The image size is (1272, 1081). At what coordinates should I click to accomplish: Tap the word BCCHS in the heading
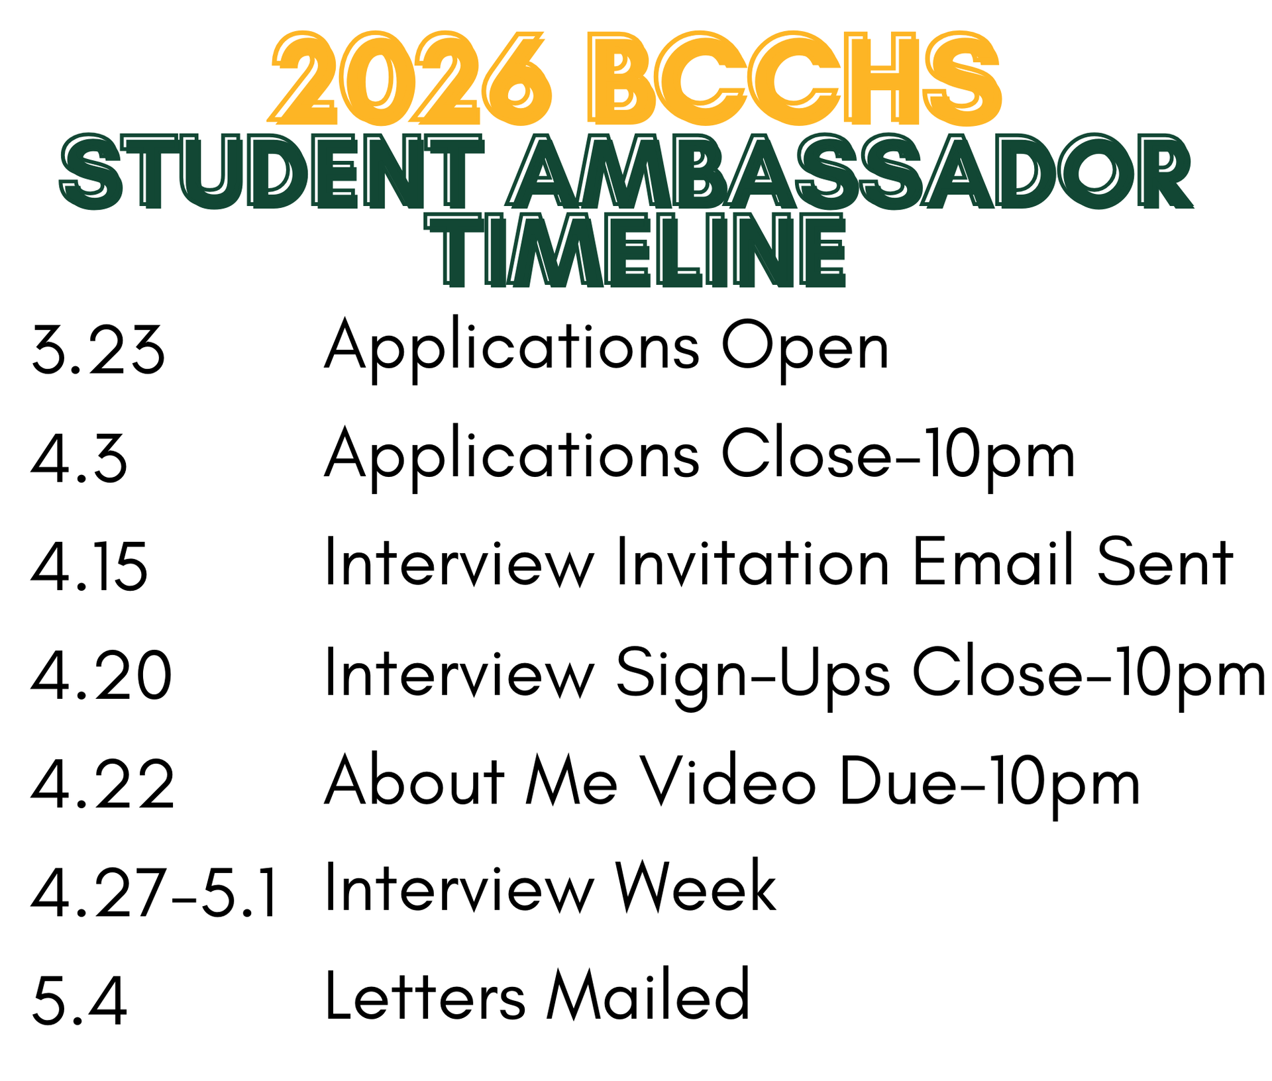pos(794,78)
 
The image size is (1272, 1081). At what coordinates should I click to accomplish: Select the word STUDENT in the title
pos(272,172)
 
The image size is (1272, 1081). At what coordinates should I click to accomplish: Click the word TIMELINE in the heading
pos(636,250)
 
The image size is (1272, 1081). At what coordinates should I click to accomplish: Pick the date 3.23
pos(98,350)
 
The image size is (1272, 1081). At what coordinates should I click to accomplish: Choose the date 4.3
pos(79,458)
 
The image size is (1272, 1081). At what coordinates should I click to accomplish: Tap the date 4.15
pos(89,567)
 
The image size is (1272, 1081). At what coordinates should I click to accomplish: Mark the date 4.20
pos(101,676)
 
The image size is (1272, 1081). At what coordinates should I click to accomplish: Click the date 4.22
pos(103,784)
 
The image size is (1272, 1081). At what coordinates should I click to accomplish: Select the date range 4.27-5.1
pos(154,893)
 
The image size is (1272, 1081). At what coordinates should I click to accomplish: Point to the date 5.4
pos(79,1002)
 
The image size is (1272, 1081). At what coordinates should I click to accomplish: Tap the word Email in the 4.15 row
pos(993,562)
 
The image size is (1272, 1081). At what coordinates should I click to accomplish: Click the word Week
pos(695,888)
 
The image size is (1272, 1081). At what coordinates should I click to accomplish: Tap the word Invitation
pos(753,562)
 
